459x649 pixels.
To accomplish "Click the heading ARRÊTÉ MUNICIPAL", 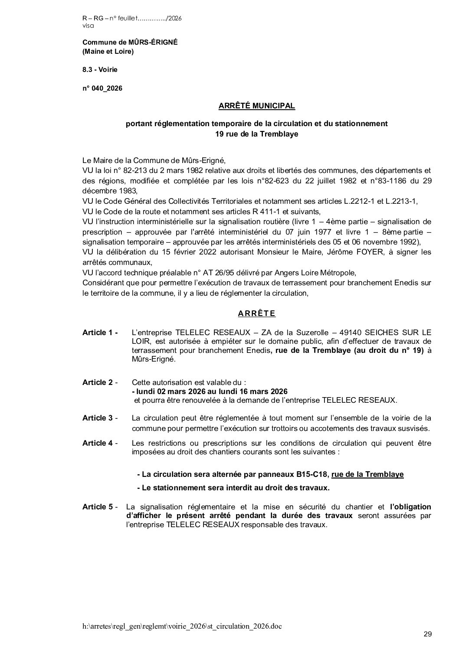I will [x=256, y=105].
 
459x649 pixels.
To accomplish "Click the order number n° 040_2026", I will [x=102, y=88].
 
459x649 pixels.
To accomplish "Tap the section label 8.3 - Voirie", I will [x=100, y=69].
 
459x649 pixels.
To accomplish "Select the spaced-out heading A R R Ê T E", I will [x=256, y=313].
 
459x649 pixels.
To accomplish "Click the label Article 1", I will [x=99, y=333].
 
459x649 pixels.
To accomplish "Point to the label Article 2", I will [x=99, y=382].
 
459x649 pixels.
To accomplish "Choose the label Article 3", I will [x=99, y=417].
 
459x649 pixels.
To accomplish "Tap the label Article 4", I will [x=99, y=443].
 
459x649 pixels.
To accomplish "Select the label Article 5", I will [x=99, y=507].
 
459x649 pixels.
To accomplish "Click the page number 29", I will [x=427, y=634].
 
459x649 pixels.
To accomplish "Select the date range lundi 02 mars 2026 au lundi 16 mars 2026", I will [x=210, y=391].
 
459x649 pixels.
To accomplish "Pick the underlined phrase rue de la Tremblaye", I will [x=367, y=474].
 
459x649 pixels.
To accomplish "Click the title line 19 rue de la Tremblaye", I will [x=256, y=134].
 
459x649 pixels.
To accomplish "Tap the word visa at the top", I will [x=87, y=26].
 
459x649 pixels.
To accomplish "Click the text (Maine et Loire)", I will [x=108, y=52].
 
